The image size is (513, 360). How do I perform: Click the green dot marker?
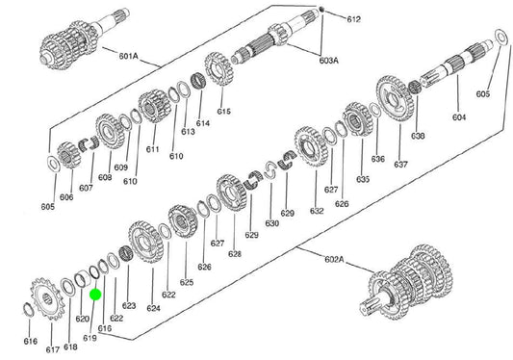[x=95, y=295]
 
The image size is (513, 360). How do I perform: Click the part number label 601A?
[x=128, y=56]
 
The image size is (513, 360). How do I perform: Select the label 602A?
[x=334, y=260]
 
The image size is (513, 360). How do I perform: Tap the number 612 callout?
[x=353, y=19]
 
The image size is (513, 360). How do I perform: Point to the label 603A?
[x=329, y=61]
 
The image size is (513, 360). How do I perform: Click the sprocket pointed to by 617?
[x=48, y=298]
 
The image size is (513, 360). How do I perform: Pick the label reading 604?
[x=459, y=116]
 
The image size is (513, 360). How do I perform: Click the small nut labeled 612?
[x=321, y=10]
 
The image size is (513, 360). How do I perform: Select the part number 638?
[x=418, y=135]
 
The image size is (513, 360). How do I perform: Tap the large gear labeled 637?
[x=395, y=98]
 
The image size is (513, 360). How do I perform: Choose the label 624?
[x=153, y=308]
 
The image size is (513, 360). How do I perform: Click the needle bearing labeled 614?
[x=197, y=82]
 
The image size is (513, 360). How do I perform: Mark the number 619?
[x=90, y=338]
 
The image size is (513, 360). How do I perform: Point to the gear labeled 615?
[x=218, y=68]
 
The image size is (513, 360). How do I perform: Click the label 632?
[x=317, y=211]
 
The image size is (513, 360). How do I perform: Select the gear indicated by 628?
[x=231, y=193]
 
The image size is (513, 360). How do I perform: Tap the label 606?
[x=66, y=197]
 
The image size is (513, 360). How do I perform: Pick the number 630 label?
[x=271, y=223]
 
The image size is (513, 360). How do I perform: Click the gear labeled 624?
[x=146, y=242]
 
